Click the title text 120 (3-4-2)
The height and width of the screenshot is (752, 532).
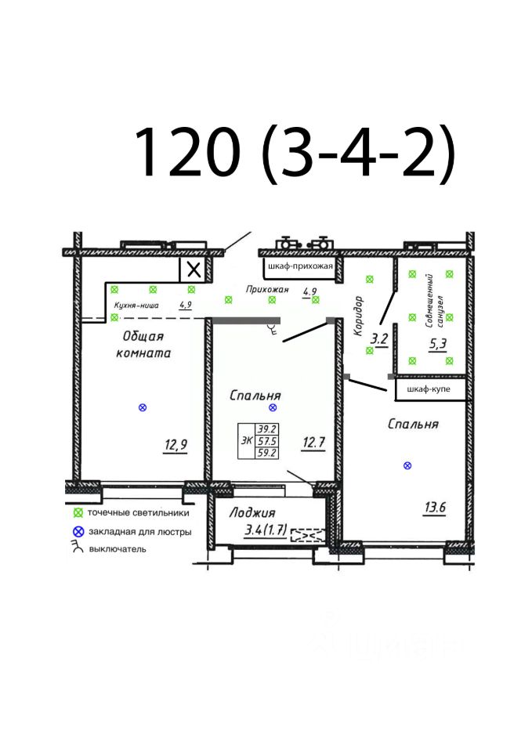pyautogui.click(x=294, y=152)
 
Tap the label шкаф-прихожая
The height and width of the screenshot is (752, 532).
pyautogui.click(x=300, y=266)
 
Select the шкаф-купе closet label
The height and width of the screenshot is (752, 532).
pyautogui.click(x=429, y=389)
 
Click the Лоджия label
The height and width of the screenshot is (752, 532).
pyautogui.click(x=252, y=512)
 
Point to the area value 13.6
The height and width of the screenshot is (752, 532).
pyautogui.click(x=435, y=507)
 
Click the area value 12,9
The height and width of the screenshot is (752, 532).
pyautogui.click(x=176, y=446)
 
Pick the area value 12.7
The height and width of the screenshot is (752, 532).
pyautogui.click(x=313, y=442)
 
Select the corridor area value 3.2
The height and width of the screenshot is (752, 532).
pyautogui.click(x=379, y=339)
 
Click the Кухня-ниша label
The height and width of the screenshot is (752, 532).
pyautogui.click(x=136, y=305)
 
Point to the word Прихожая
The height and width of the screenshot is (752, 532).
pyautogui.click(x=267, y=289)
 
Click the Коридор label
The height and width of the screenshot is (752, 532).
pyautogui.click(x=359, y=316)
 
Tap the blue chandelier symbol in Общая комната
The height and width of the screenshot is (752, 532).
pyautogui.click(x=143, y=407)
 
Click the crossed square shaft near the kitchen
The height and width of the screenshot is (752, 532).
pyautogui.click(x=194, y=269)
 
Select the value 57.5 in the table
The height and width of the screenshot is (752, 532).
pyautogui.click(x=266, y=441)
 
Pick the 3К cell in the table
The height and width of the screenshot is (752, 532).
pyautogui.click(x=247, y=440)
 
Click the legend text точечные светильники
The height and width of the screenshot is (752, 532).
pyautogui.click(x=138, y=512)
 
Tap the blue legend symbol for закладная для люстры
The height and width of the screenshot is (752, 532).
pyautogui.click(x=78, y=531)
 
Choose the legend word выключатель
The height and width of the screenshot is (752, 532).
pyautogui.click(x=118, y=549)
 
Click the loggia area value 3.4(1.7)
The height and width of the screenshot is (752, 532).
pyautogui.click(x=266, y=530)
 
